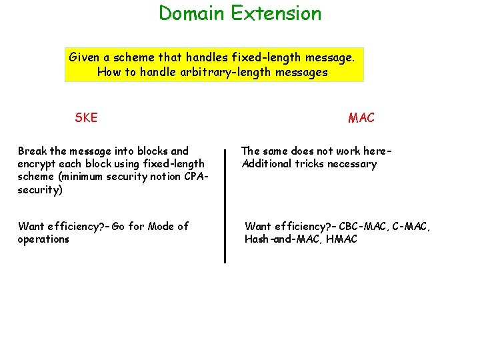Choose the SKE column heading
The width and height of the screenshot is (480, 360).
click(x=86, y=118)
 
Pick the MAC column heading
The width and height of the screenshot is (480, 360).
click(x=361, y=118)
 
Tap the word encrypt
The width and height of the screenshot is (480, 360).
click(x=37, y=164)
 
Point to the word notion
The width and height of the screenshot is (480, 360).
click(x=163, y=177)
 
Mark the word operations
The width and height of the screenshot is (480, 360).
click(x=43, y=239)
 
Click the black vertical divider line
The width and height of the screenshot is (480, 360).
click(x=225, y=207)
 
